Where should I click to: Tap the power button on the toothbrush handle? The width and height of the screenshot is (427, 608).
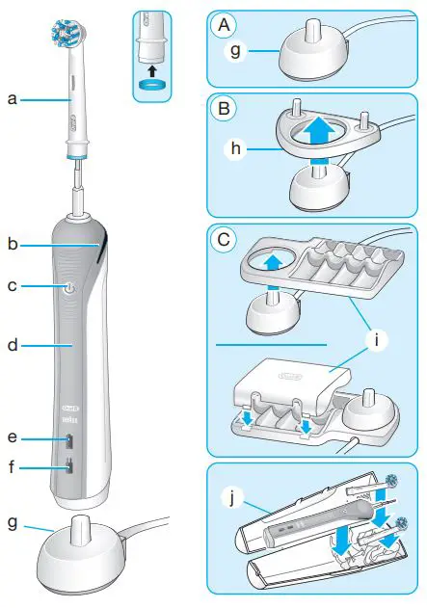point(68,288)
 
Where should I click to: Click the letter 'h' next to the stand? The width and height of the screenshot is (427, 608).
point(230,150)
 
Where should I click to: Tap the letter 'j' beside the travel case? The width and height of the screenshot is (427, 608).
point(231,499)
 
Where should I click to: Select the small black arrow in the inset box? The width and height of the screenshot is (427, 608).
point(149,69)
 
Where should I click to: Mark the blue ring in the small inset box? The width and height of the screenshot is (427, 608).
point(149,85)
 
